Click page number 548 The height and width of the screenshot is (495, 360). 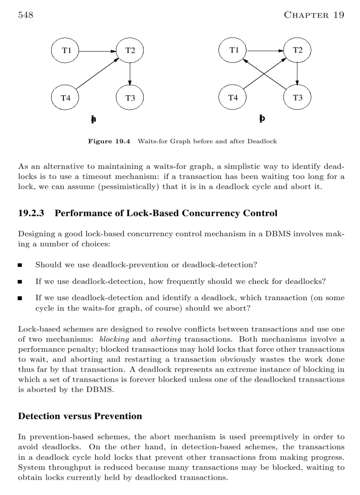click(x=26, y=15)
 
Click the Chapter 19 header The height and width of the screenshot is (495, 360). click(x=314, y=15)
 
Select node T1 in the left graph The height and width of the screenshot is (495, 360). click(x=66, y=50)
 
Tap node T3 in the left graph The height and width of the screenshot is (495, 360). click(x=130, y=98)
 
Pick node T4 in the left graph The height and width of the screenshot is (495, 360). click(x=66, y=98)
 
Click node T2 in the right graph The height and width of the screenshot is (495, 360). click(x=297, y=50)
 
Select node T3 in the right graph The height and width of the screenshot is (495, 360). click(x=297, y=98)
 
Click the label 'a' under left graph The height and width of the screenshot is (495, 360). click(x=94, y=119)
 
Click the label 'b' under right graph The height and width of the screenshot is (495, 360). click(x=262, y=119)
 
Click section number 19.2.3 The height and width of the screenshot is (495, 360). click(x=32, y=213)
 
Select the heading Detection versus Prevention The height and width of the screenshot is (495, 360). click(x=80, y=416)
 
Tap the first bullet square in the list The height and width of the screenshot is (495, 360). click(x=20, y=265)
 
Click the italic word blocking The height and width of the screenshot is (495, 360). click(x=114, y=339)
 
